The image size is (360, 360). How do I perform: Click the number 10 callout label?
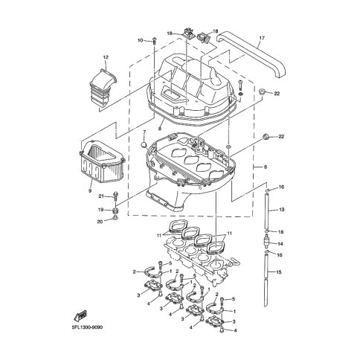coord(141,40)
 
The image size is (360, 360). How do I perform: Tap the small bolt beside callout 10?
coord(154,41)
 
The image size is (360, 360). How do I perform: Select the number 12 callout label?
coord(106,57)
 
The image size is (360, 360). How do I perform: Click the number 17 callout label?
coord(262,38)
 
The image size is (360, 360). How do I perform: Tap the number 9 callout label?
coord(90,190)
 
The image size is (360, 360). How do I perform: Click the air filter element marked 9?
coord(102,161)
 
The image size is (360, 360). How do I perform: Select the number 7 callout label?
coord(144,131)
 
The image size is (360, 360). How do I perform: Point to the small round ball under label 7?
coord(144,145)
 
